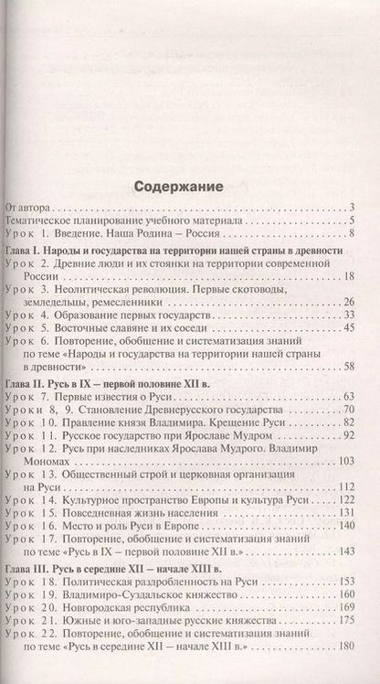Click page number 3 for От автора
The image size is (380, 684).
point(352,209)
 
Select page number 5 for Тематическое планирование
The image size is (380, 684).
point(352,222)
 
